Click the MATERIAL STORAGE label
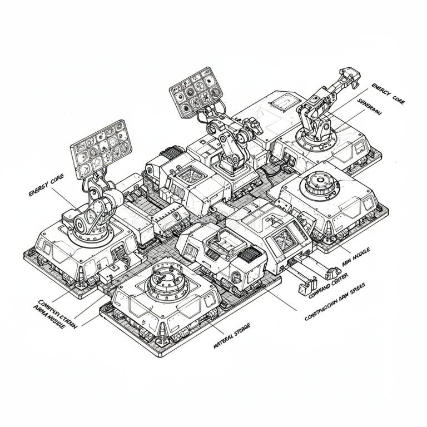pyautogui.click(x=232, y=336)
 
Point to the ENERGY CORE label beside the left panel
pyautogui.click(x=46, y=185)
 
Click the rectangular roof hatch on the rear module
pyautogui.click(x=284, y=102)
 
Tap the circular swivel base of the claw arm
pyautogui.click(x=315, y=140)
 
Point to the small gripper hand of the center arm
pyautogui.click(x=255, y=128)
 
